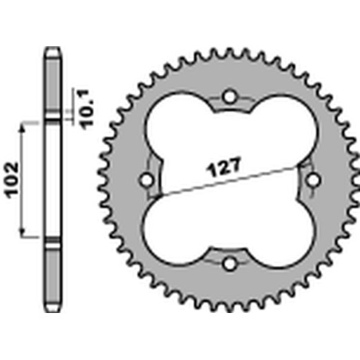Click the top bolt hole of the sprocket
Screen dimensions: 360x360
230,96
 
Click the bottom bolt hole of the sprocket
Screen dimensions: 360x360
230,264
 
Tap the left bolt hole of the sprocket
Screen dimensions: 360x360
147,181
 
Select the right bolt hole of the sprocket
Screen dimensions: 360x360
313,180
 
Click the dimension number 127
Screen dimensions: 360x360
225,167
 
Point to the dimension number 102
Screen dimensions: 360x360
12,180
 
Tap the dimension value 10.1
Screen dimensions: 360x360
88,109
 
